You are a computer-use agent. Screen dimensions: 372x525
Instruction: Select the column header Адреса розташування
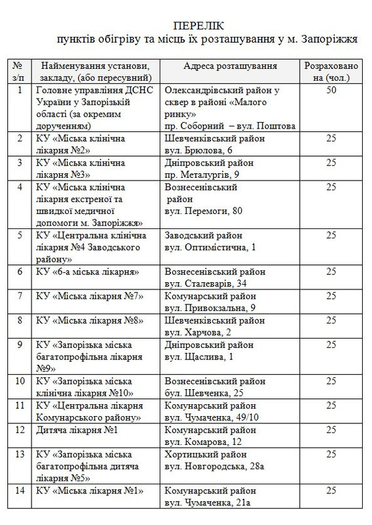click(230, 66)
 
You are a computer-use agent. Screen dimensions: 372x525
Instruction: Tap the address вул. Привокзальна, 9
click(211, 308)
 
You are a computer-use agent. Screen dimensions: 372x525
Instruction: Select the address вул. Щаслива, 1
click(201, 356)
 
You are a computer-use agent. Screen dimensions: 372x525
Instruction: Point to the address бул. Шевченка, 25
click(204, 393)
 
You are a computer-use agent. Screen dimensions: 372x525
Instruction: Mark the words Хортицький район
click(204, 454)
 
